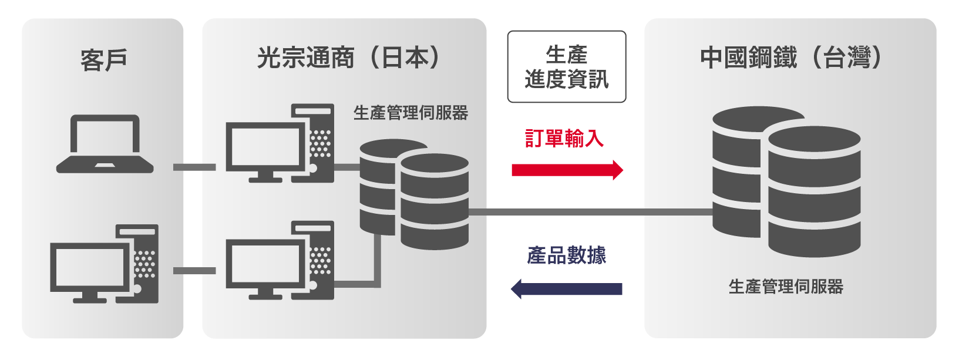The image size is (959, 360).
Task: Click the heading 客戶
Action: (103, 60)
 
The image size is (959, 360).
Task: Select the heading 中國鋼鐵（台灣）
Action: (790, 58)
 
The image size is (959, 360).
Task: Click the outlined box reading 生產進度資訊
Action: (567, 67)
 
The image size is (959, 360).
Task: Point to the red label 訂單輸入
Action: (564, 139)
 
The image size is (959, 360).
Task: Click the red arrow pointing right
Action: (567, 170)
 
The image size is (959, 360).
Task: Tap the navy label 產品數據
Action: (567, 255)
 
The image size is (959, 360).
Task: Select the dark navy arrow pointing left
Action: (567, 288)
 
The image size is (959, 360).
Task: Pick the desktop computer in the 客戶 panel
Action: (105, 264)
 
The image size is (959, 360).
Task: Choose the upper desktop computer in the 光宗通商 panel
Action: (280, 144)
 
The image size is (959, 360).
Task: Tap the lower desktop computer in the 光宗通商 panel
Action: (280, 261)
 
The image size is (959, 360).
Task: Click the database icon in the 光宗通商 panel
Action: (415, 194)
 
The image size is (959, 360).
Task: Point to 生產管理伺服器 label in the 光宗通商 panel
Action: (410, 113)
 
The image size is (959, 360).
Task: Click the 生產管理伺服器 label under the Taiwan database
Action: (786, 287)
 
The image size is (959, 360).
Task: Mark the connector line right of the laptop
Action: (194, 167)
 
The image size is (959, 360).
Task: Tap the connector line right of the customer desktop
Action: (194, 271)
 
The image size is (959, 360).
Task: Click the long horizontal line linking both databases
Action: (590, 212)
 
